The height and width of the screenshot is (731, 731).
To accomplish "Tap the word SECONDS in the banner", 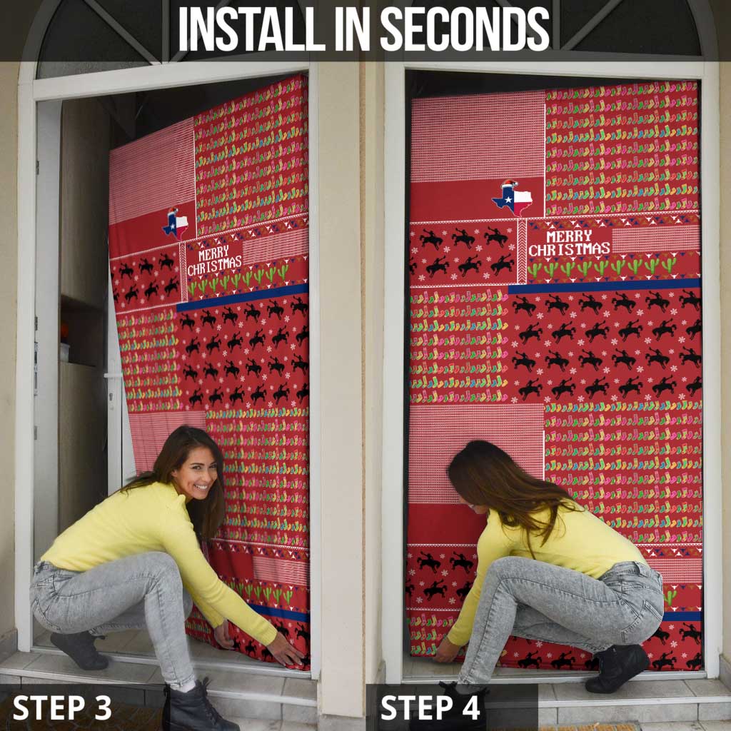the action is [465, 29].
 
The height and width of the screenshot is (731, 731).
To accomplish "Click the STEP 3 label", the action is [62, 707].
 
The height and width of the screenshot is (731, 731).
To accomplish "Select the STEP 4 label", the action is [430, 707].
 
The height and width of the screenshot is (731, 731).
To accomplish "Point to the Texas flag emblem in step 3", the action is [176, 223].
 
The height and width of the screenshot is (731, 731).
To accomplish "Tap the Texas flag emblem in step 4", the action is [512, 198].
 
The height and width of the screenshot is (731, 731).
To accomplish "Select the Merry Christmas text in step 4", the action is [569, 243].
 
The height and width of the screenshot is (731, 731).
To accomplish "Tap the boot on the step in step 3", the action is [79, 650].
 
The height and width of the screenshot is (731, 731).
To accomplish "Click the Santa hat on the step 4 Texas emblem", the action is [510, 183].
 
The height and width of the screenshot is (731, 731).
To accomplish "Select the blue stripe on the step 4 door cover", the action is [604, 286].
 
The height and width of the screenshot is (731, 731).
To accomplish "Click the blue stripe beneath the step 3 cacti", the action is [243, 298].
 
